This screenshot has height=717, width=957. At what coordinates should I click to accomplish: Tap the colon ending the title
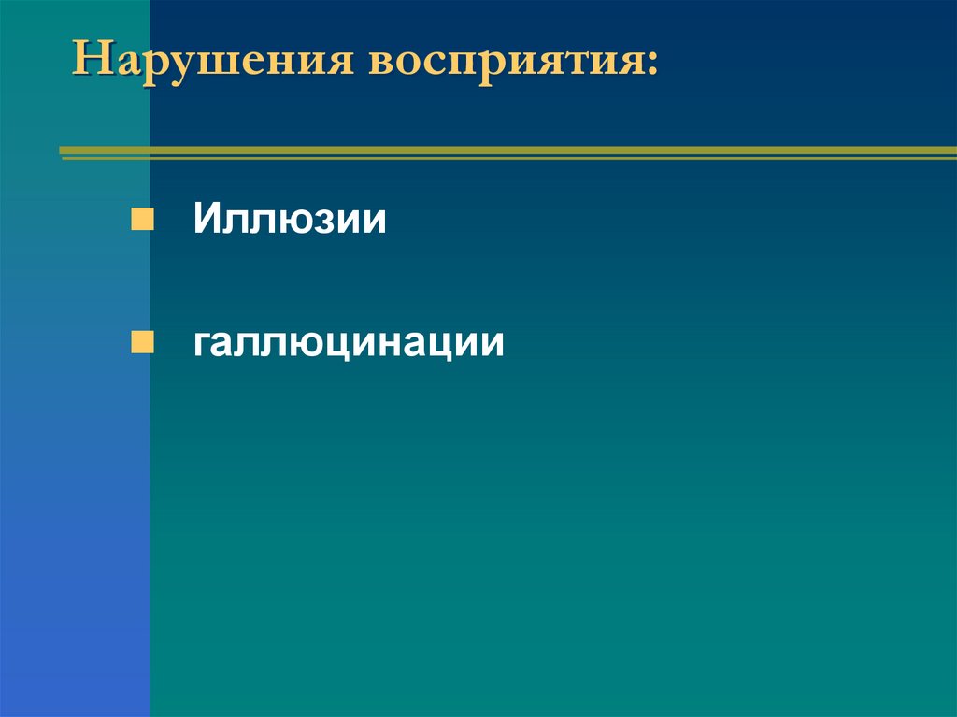(650, 64)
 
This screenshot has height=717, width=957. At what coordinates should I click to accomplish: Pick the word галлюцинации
(349, 344)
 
